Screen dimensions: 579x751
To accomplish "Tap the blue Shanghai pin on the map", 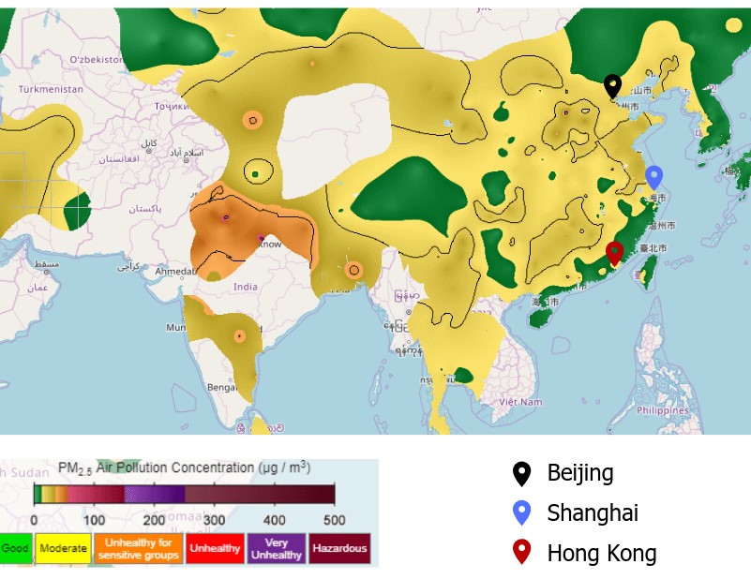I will click(654, 176).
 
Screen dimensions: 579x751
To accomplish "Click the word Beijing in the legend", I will click(579, 473).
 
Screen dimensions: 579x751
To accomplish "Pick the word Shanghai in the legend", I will click(593, 513).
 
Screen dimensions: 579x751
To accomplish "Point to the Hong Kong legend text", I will click(601, 554).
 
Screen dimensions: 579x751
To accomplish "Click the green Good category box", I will click(15, 548).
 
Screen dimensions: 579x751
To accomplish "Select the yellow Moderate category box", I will click(63, 548).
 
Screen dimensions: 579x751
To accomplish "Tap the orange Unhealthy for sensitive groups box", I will click(138, 548).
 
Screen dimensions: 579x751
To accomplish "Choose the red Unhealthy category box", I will click(215, 548).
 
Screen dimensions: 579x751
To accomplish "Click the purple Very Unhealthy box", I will click(276, 548).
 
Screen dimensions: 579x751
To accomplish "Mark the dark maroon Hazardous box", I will click(338, 548).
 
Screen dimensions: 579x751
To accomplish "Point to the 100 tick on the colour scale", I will click(94, 520).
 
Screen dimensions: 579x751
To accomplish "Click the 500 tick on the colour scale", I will click(334, 520).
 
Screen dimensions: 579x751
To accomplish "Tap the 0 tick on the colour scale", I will click(35, 520).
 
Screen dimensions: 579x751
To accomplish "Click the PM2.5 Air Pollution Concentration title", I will click(184, 468).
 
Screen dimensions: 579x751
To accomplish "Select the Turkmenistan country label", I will click(51, 90).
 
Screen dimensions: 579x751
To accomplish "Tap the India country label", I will click(246, 287).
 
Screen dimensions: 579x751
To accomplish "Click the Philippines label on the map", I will click(663, 410).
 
